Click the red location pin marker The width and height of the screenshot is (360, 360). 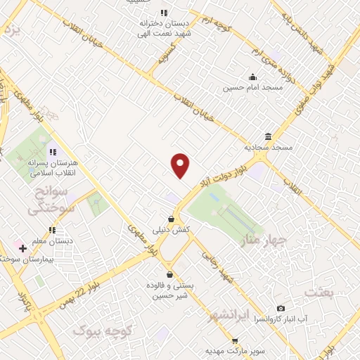(x=181, y=165)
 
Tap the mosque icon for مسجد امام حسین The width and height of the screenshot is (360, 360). (x=252, y=77)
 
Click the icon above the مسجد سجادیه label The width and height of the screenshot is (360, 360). (x=268, y=136)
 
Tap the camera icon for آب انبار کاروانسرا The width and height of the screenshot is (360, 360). (x=281, y=308)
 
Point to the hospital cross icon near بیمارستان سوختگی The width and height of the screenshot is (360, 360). (x=22, y=248)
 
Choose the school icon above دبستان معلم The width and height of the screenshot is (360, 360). (x=52, y=230)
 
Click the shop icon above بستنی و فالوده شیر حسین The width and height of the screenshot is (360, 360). (x=169, y=274)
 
